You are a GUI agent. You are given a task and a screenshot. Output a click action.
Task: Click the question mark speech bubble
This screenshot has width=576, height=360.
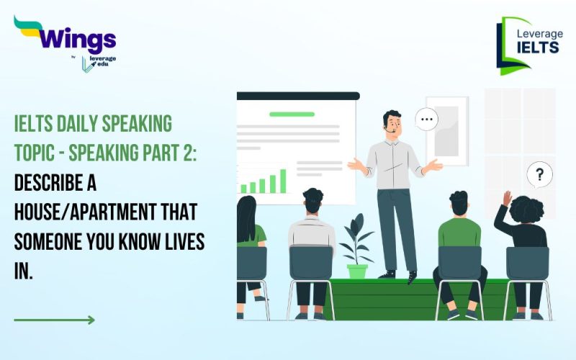click(539, 174)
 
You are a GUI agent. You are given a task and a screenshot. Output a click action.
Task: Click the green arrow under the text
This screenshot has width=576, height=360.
click(54, 320)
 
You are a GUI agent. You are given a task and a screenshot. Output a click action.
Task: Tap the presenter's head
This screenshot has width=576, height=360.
click(392, 124)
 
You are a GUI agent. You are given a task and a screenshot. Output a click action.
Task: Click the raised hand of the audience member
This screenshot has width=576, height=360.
click(507, 199)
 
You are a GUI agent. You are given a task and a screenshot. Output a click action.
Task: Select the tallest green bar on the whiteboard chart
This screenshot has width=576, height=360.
click(283, 181)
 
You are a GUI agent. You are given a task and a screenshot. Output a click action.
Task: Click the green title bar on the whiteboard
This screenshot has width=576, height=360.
click(292, 114)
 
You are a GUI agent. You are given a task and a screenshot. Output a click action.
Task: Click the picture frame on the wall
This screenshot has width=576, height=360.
click(446, 130)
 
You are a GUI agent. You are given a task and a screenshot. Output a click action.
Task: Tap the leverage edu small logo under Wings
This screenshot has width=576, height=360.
click(99, 63)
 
